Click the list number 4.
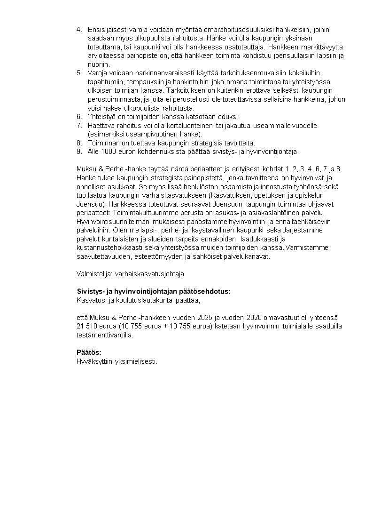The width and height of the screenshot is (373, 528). tap(78, 30)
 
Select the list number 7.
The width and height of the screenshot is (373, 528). tap(78, 126)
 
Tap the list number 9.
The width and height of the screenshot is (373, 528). tap(78, 152)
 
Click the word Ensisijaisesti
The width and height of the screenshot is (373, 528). tap(105, 30)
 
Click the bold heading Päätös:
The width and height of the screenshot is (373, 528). tap(89, 352)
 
